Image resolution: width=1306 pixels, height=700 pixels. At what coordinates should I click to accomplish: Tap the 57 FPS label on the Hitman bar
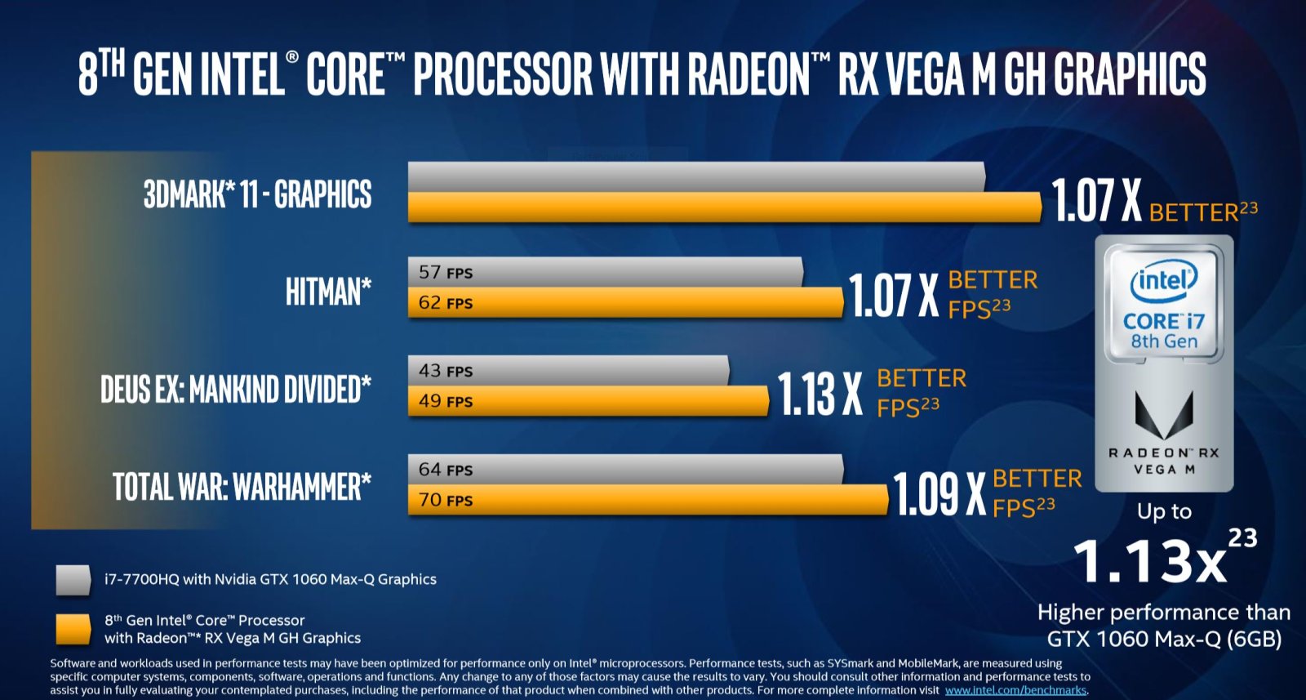pyautogui.click(x=446, y=272)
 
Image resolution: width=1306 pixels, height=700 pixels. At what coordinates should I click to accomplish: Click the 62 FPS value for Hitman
pyautogui.click(x=446, y=303)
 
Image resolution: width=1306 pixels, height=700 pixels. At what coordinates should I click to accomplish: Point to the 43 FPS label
pyautogui.click(x=446, y=371)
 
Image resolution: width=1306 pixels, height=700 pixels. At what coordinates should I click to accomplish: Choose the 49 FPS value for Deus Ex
pyautogui.click(x=446, y=401)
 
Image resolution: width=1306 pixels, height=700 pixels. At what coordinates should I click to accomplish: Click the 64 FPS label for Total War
pyautogui.click(x=446, y=470)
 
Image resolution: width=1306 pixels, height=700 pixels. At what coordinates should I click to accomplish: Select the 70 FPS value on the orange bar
pyautogui.click(x=446, y=500)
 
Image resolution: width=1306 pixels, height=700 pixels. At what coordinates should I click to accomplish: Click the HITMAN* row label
pyautogui.click(x=328, y=292)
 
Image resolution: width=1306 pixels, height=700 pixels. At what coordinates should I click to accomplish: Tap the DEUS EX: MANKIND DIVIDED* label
pyautogui.click(x=235, y=390)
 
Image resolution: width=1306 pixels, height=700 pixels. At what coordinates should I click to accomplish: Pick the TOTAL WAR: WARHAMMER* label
pyautogui.click(x=242, y=488)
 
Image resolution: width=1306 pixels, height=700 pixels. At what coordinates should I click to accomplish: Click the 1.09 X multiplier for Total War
pyautogui.click(x=939, y=494)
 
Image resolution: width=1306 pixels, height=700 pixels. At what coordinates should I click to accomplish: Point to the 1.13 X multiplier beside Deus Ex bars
pyautogui.click(x=820, y=394)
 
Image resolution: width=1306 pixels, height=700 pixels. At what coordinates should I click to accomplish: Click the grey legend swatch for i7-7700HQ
pyautogui.click(x=73, y=579)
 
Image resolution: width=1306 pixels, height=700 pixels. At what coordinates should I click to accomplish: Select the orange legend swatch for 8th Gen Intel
pyautogui.click(x=73, y=629)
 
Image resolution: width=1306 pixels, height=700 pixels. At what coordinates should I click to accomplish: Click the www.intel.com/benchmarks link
pyautogui.click(x=1015, y=690)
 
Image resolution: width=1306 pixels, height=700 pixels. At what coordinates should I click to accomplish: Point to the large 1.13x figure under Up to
pyautogui.click(x=1150, y=561)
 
